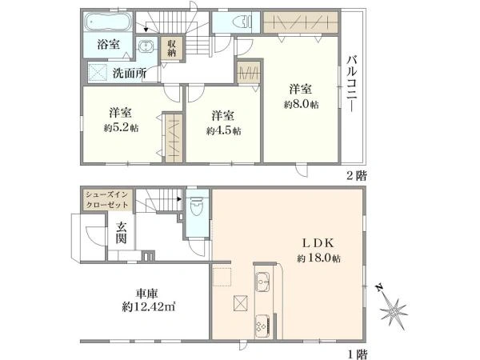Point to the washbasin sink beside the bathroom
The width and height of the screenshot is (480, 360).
point(146,46)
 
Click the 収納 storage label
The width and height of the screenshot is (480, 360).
point(171,48)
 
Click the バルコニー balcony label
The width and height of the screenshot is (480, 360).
point(352,84)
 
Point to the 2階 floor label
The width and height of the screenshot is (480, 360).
point(357,175)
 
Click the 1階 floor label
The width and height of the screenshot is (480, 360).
point(357,353)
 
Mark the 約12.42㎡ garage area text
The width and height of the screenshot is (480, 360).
point(148,306)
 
